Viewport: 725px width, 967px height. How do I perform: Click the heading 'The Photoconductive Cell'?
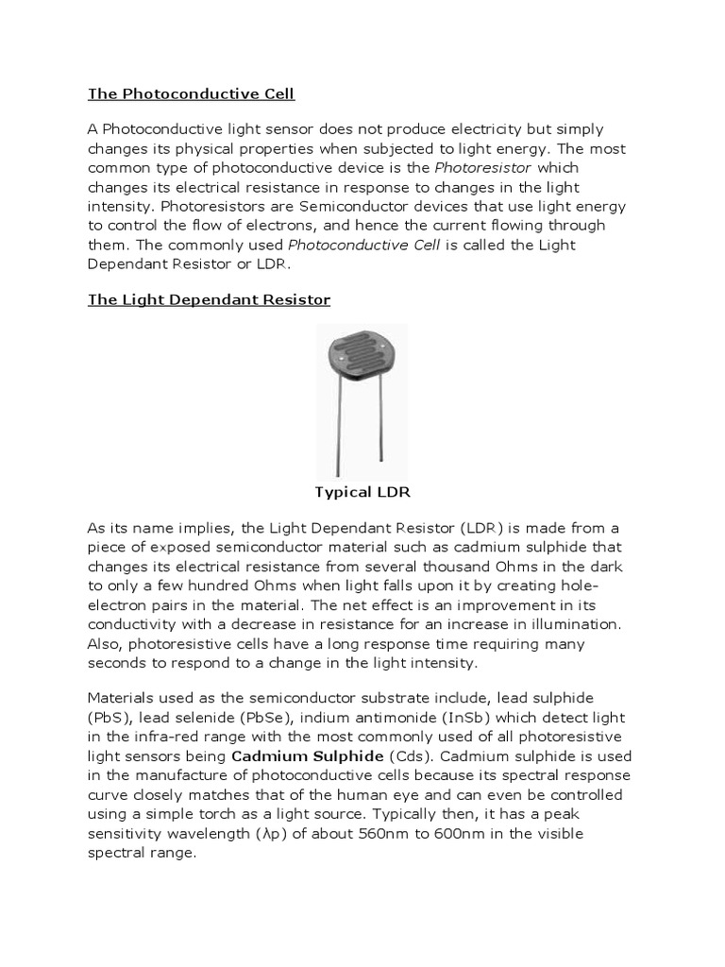click(x=192, y=93)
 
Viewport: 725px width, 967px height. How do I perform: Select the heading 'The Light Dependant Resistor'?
click(x=209, y=299)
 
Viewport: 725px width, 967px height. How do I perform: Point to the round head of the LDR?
click(x=362, y=356)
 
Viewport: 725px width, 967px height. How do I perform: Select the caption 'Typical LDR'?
click(x=362, y=492)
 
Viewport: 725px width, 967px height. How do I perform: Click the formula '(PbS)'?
click(x=110, y=717)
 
